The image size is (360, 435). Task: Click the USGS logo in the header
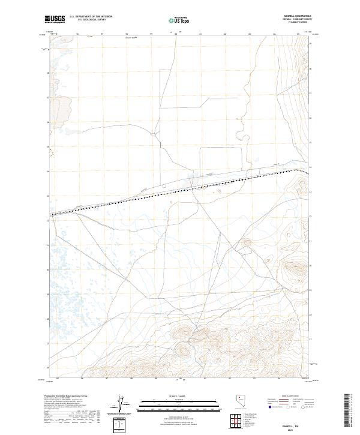(x=55, y=19)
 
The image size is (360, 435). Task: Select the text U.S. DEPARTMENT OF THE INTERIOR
(x=91, y=17)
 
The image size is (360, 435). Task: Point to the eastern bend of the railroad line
(x=295, y=170)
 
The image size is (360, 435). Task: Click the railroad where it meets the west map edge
(x=52, y=214)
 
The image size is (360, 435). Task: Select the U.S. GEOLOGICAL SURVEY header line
(x=86, y=20)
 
